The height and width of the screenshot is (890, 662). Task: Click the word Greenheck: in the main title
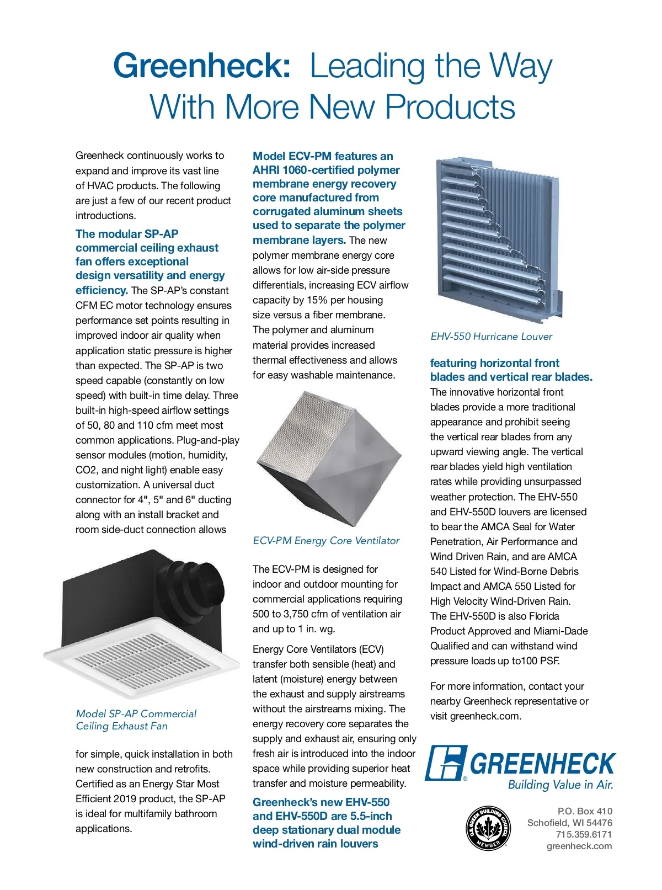point(202,66)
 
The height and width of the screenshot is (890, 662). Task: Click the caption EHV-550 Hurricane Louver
point(491,337)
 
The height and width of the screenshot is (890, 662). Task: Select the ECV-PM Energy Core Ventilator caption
point(326,541)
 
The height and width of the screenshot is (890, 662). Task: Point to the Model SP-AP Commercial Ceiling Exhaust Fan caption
point(136,720)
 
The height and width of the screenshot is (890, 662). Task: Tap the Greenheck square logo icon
point(446,763)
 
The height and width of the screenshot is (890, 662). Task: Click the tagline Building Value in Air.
point(560,785)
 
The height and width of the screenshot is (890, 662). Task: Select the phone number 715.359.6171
point(584,834)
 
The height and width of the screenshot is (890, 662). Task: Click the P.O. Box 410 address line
point(585,811)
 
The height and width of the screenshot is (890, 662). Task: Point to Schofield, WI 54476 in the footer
point(569,823)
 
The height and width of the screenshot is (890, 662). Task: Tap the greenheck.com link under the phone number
point(579,846)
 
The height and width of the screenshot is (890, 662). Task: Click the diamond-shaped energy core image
point(329,458)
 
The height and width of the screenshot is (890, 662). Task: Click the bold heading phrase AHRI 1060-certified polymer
point(326,170)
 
